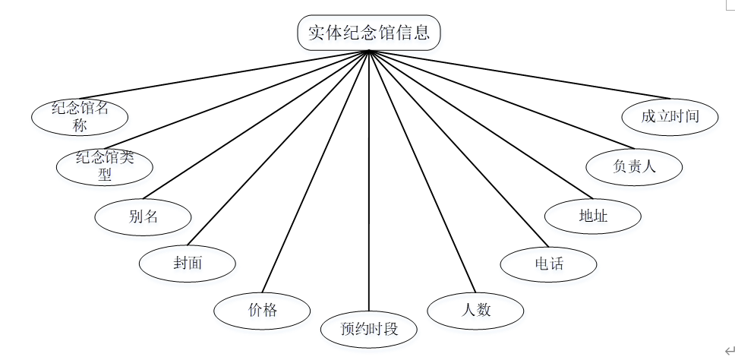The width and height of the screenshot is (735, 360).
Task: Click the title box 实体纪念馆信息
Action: [369, 33]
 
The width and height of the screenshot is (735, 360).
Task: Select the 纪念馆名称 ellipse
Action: [80, 116]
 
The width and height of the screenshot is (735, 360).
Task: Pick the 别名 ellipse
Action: [143, 216]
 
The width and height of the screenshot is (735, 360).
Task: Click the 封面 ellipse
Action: [188, 264]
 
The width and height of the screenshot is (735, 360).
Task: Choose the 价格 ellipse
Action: [262, 310]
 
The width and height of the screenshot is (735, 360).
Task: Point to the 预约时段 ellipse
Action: [369, 329]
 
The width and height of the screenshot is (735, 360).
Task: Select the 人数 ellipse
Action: [476, 310]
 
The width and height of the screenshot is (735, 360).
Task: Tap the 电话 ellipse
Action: [548, 264]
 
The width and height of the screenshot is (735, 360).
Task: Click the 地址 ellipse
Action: [592, 216]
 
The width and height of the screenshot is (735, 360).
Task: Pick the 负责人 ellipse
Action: [634, 166]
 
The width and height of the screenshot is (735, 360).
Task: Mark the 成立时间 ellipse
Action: [669, 116]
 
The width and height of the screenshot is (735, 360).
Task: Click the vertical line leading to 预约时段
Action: [369, 190]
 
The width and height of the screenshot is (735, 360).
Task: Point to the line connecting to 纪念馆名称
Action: [228, 75]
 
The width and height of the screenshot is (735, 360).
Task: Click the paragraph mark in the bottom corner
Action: [730, 350]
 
